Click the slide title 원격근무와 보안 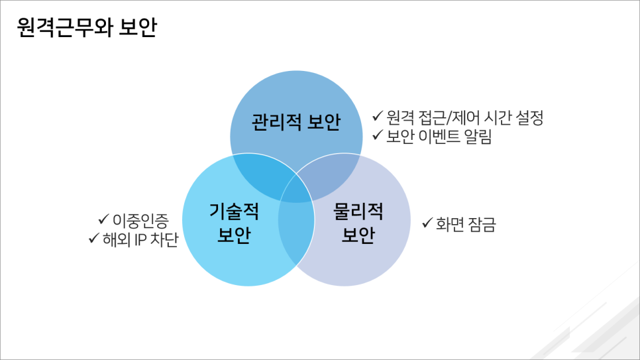pyautogui.click(x=86, y=29)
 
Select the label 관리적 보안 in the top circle pyautogui.click(x=295, y=123)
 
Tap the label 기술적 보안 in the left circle pyautogui.click(x=234, y=223)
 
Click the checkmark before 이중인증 pyautogui.click(x=103, y=218)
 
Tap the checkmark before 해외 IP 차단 pyautogui.click(x=93, y=237)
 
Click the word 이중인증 pyautogui.click(x=140, y=219)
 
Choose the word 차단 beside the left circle pyautogui.click(x=166, y=239)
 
